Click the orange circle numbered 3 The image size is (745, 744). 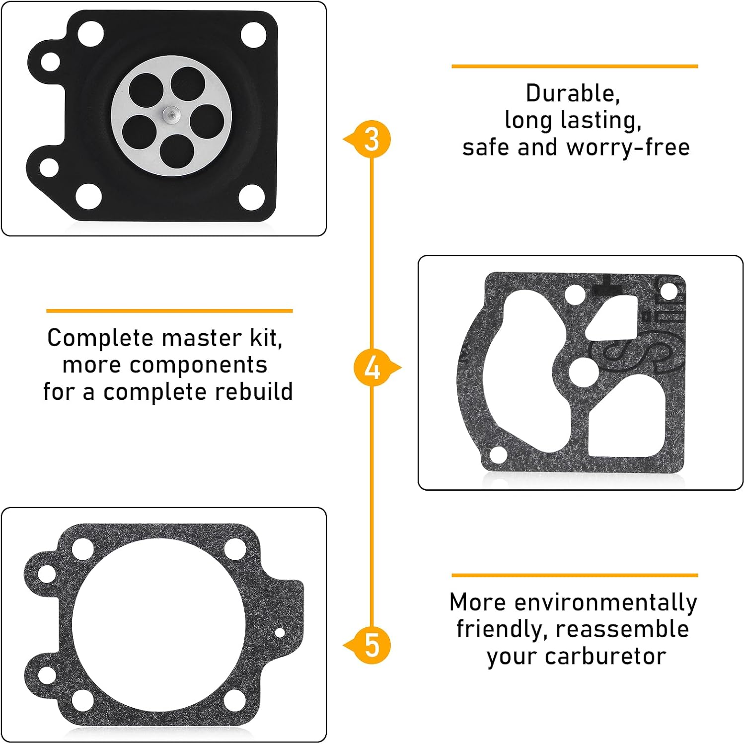pos(372,140)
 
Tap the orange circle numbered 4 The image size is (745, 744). pos(372,368)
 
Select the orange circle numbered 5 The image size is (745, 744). pos(372,646)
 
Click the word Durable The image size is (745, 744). pos(573,94)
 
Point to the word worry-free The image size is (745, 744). pos(628,148)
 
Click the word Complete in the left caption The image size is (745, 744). pos(101,338)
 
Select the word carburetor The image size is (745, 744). pos(605,656)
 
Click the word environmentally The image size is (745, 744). pos(606,603)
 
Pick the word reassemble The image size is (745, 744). pos(622,629)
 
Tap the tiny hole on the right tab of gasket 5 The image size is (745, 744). pos(280,633)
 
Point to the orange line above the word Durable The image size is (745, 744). pos(575,66)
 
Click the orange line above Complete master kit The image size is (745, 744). pos(169,311)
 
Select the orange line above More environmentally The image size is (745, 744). pos(575,576)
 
